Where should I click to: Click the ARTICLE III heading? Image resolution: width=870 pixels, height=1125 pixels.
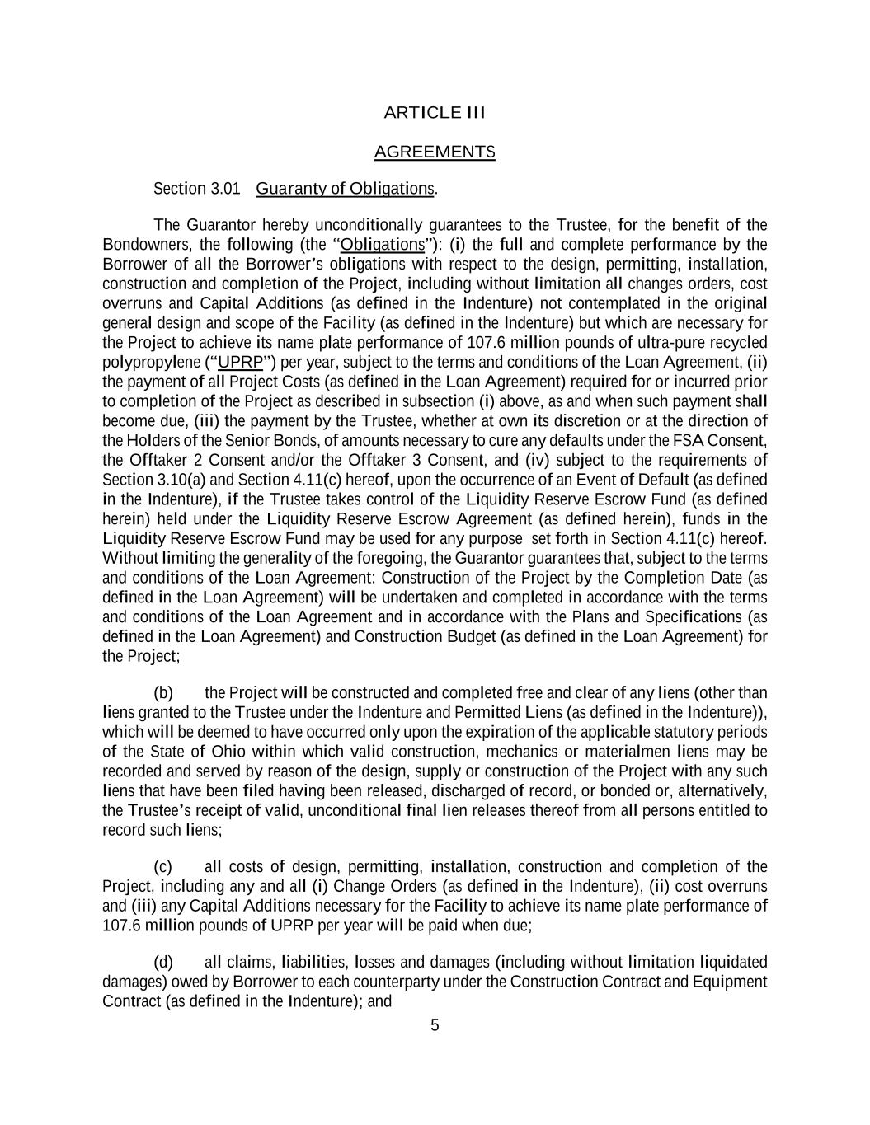435,113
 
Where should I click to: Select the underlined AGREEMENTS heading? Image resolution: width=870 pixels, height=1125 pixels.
435,152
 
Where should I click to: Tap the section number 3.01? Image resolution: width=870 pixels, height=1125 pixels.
225,189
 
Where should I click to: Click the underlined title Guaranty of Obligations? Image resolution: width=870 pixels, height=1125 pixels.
345,189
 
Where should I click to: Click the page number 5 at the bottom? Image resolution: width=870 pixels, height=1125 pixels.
435,1026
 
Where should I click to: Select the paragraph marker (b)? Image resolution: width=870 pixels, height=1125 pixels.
163,693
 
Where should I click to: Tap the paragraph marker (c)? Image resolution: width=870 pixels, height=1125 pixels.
163,867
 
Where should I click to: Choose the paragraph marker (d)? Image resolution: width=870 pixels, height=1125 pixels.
163,963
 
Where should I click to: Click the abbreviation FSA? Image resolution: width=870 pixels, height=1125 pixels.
688,441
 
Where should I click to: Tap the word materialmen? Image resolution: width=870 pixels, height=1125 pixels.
614,752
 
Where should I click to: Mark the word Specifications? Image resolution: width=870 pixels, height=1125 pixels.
695,617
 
